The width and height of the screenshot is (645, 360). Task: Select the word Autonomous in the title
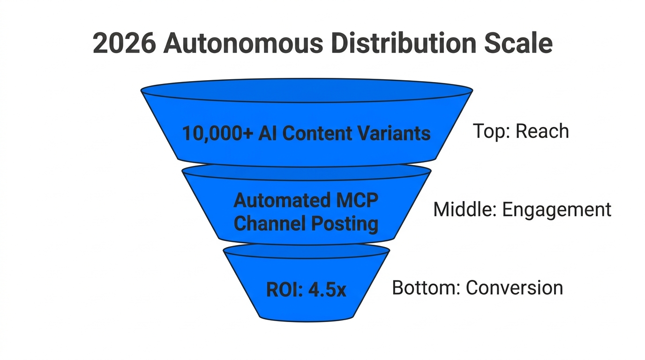(243, 44)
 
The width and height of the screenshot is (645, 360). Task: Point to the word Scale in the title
(519, 44)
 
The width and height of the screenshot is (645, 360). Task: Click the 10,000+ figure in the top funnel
(217, 134)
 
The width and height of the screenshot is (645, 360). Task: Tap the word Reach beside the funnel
(542, 131)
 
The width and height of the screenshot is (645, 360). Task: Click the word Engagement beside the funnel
(557, 210)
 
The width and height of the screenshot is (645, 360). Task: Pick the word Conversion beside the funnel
(514, 287)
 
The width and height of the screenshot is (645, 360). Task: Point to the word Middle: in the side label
(465, 210)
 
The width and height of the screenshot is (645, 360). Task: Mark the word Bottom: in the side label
(426, 287)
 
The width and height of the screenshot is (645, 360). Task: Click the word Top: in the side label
(491, 131)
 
